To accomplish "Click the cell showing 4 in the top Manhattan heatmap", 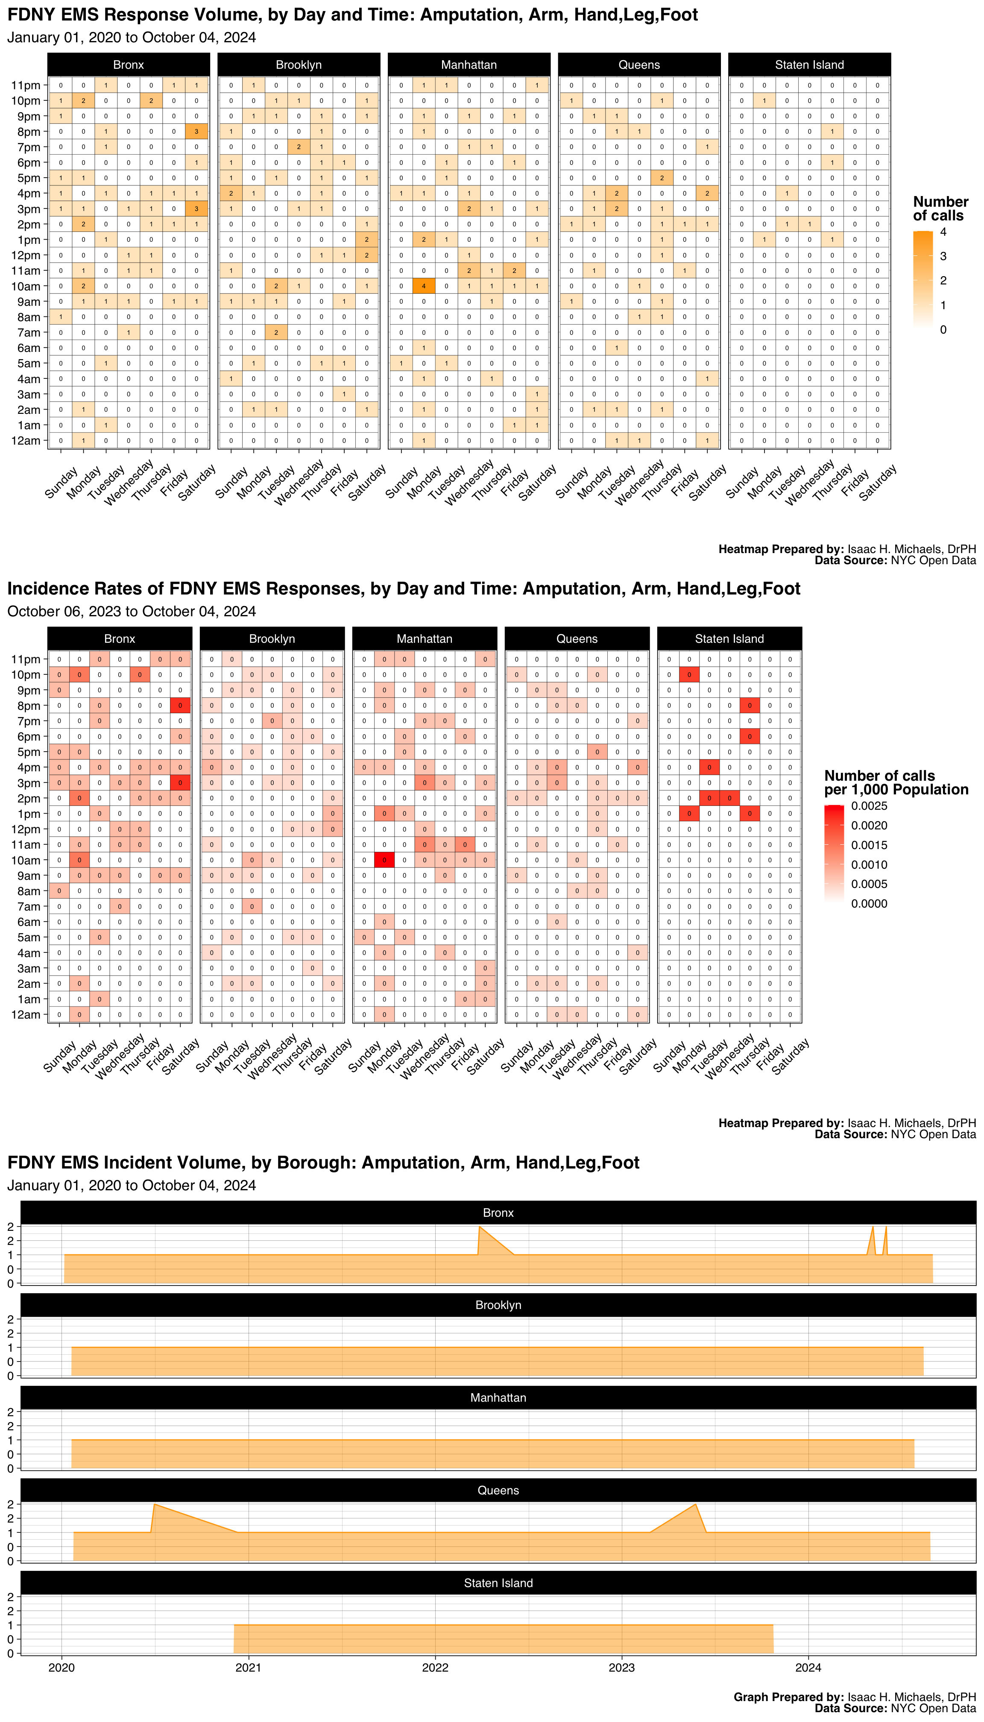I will [424, 286].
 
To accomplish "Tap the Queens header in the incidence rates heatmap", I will [577, 638].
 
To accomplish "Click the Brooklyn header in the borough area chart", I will [498, 1305].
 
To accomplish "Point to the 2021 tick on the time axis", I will [248, 1667].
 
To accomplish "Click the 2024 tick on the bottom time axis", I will [808, 1667].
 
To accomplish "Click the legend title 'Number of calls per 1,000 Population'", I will [896, 782].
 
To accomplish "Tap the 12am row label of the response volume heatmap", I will [26, 441].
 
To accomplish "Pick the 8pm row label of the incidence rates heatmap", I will [28, 706].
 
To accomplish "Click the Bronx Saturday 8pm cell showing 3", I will [196, 132].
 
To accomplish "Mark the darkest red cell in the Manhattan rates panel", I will [384, 860].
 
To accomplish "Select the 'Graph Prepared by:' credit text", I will [788, 1697].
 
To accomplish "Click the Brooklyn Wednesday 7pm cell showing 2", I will [299, 147].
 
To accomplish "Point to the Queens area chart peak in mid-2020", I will [154, 1504].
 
